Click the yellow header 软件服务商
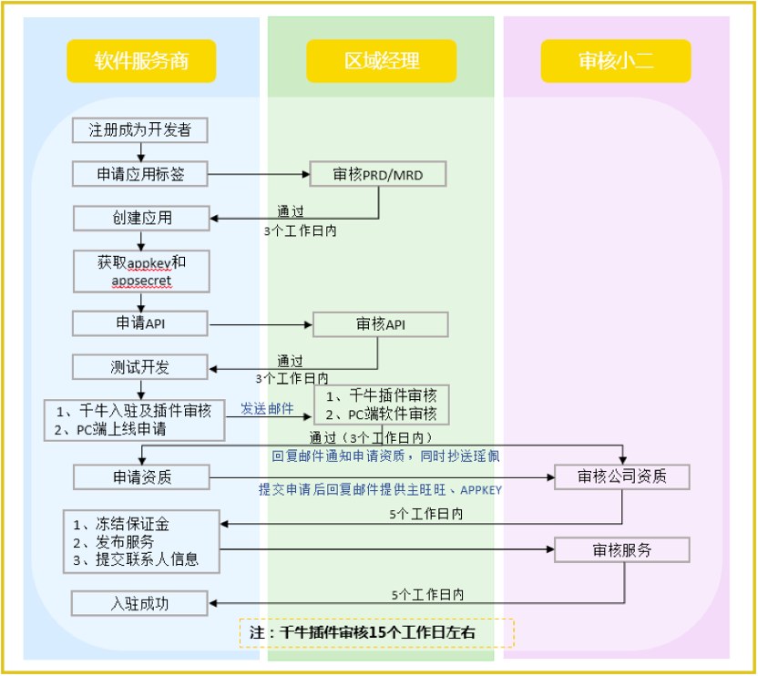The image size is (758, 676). click(x=141, y=62)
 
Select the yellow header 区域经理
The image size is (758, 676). click(x=381, y=62)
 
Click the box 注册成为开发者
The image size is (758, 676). click(x=140, y=129)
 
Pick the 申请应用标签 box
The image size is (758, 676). click(x=140, y=174)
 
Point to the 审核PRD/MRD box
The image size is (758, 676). click(x=378, y=174)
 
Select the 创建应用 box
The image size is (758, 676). click(x=140, y=218)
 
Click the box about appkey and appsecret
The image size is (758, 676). click(x=141, y=271)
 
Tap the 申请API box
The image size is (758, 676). click(x=140, y=323)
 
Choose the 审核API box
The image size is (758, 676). click(x=381, y=324)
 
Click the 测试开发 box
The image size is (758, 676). click(x=140, y=367)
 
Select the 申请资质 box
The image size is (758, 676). click(x=140, y=476)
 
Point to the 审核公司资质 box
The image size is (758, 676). click(x=621, y=476)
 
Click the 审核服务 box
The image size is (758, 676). click(x=621, y=549)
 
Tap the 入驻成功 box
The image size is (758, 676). click(x=140, y=602)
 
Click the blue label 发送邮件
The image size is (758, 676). click(x=267, y=410)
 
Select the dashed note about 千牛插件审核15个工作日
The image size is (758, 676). click(x=377, y=631)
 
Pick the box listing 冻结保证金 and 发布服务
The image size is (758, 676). click(x=141, y=541)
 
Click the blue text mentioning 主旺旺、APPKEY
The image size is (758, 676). click(x=380, y=489)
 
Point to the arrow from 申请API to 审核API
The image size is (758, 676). click(x=261, y=323)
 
